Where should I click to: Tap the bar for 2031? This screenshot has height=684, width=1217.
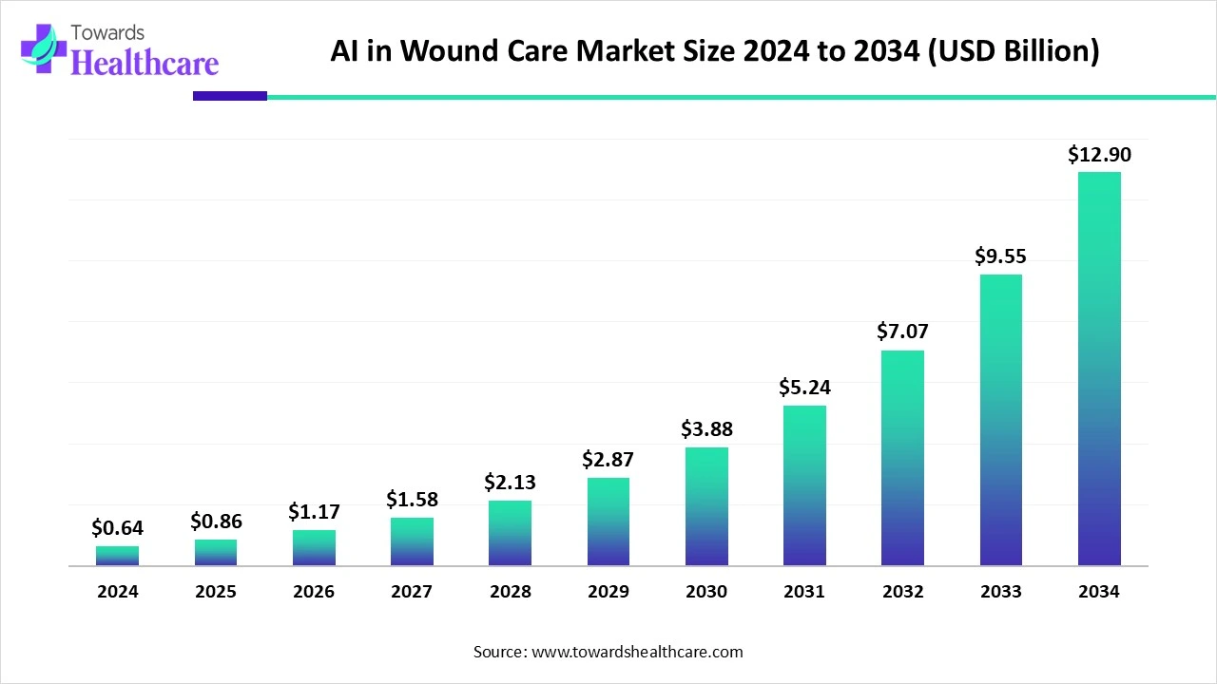coord(804,485)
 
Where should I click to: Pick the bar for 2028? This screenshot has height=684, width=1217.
coord(510,533)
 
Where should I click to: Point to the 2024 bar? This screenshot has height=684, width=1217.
coord(117,556)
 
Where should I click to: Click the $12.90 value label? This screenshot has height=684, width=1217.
coord(1099,155)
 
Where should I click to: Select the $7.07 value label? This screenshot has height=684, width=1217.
coord(902,332)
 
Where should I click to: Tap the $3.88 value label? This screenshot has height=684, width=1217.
coord(706,429)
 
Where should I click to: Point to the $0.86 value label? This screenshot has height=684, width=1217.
coord(216,522)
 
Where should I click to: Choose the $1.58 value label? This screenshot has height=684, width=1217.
coord(412,500)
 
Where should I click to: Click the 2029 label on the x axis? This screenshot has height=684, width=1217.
coord(608,592)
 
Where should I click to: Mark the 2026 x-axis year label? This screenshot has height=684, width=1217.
coord(314,592)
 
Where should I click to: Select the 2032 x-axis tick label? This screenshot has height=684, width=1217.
coord(902,592)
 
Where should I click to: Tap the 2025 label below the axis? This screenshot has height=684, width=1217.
coord(216,592)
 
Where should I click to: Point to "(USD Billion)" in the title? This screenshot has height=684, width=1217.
coord(1013,51)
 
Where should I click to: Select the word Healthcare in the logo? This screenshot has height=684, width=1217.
coord(145,63)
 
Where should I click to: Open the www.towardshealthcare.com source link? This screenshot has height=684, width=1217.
coord(636,652)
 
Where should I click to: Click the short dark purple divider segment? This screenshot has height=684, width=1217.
coord(230,96)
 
